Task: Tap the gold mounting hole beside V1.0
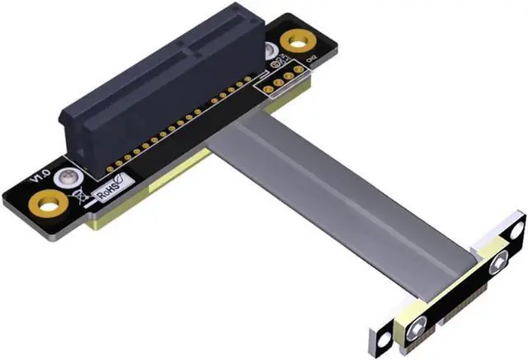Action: [x=52, y=200]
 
